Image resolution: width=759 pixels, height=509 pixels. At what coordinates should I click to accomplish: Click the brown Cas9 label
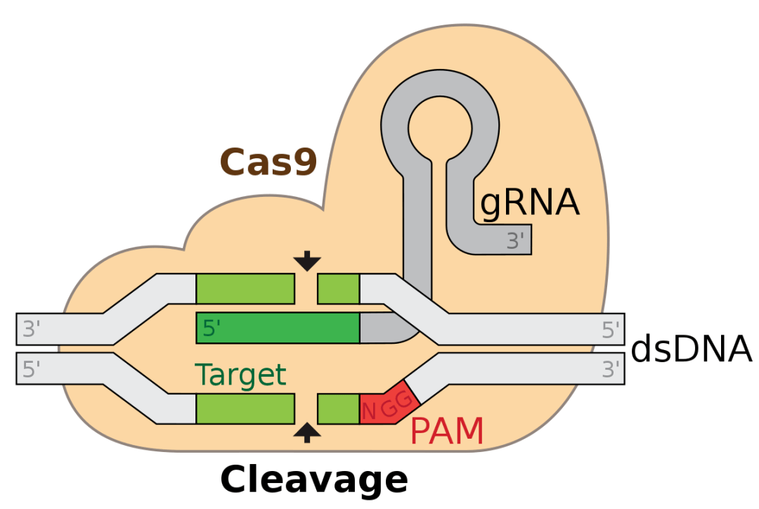point(268,162)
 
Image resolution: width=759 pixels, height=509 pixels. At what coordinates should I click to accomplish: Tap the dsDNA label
point(692,349)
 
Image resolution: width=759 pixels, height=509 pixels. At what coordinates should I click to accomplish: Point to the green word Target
point(240,375)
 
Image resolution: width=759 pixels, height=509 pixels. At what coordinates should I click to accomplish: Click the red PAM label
point(447,431)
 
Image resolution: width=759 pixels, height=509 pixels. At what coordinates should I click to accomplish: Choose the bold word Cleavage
point(313,480)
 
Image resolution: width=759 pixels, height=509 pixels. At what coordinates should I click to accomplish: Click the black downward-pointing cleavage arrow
point(306,262)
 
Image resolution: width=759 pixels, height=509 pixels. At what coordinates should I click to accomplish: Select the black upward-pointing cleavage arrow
point(306,432)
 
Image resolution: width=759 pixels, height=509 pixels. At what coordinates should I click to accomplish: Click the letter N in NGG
point(369,411)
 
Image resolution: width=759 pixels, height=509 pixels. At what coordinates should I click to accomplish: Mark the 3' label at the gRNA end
point(516,241)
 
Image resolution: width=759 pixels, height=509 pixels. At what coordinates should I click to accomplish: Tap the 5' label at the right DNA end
point(611,329)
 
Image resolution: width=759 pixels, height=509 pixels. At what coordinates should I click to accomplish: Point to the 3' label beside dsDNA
point(611,368)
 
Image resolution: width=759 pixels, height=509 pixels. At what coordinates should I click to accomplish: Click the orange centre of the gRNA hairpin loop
point(440,126)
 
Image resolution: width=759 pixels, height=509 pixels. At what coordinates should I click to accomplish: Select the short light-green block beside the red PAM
point(338,408)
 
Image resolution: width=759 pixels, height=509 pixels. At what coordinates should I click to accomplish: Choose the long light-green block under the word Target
point(245,408)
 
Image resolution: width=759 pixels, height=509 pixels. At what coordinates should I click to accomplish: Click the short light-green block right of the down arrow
point(338,289)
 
